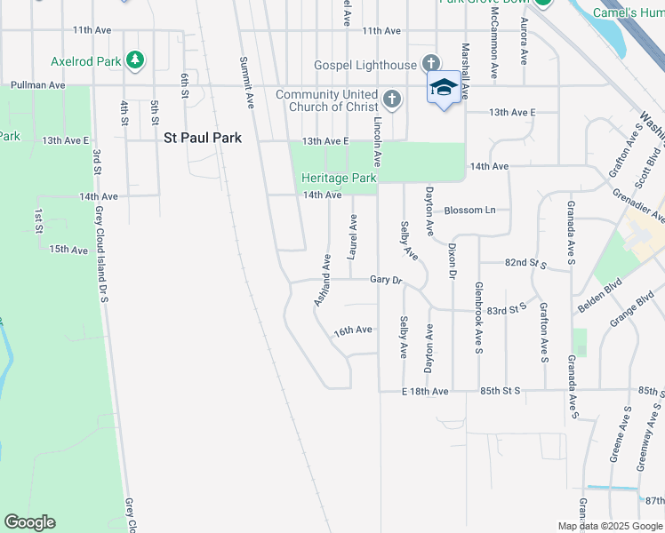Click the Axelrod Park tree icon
[x=134, y=60]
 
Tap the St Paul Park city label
[x=203, y=139]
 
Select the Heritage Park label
[x=340, y=178]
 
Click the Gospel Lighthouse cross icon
[x=431, y=64]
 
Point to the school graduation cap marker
[x=444, y=88]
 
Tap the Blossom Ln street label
[x=469, y=211]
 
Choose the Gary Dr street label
[x=386, y=280]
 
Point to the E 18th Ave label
[x=425, y=391]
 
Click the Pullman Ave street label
[x=37, y=85]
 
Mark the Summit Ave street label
[x=247, y=84]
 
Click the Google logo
[x=29, y=522]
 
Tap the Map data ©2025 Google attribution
[x=609, y=526]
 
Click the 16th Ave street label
[x=353, y=330]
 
